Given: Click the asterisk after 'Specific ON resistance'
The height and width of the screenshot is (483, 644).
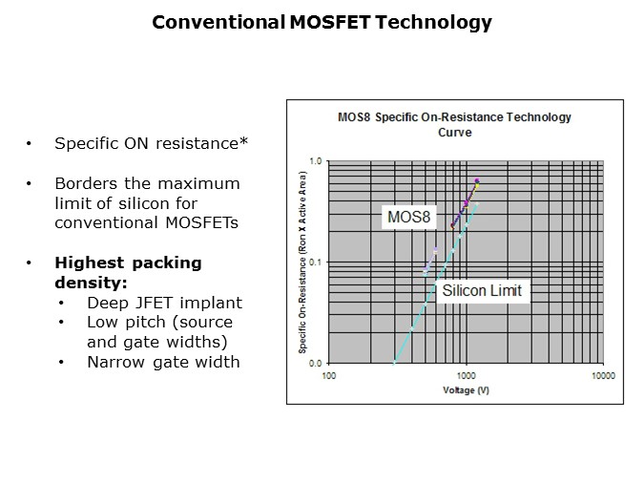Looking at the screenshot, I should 243,142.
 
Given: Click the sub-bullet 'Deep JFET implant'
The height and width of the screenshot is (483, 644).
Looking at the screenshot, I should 164,303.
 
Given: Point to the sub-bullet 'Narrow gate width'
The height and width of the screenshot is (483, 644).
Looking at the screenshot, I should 163,362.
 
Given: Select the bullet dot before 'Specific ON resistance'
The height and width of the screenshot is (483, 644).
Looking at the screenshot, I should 30,144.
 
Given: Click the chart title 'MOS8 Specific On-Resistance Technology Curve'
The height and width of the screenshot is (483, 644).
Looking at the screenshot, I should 455,124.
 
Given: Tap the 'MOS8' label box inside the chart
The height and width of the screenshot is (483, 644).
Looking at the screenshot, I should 409,218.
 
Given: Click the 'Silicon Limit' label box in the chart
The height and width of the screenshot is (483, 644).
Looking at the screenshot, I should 482,290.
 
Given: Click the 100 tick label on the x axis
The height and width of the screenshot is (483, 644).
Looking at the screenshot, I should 328,377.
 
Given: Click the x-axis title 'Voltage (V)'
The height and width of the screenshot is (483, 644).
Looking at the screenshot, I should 465,390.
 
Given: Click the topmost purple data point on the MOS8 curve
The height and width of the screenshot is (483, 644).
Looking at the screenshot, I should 477,180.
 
